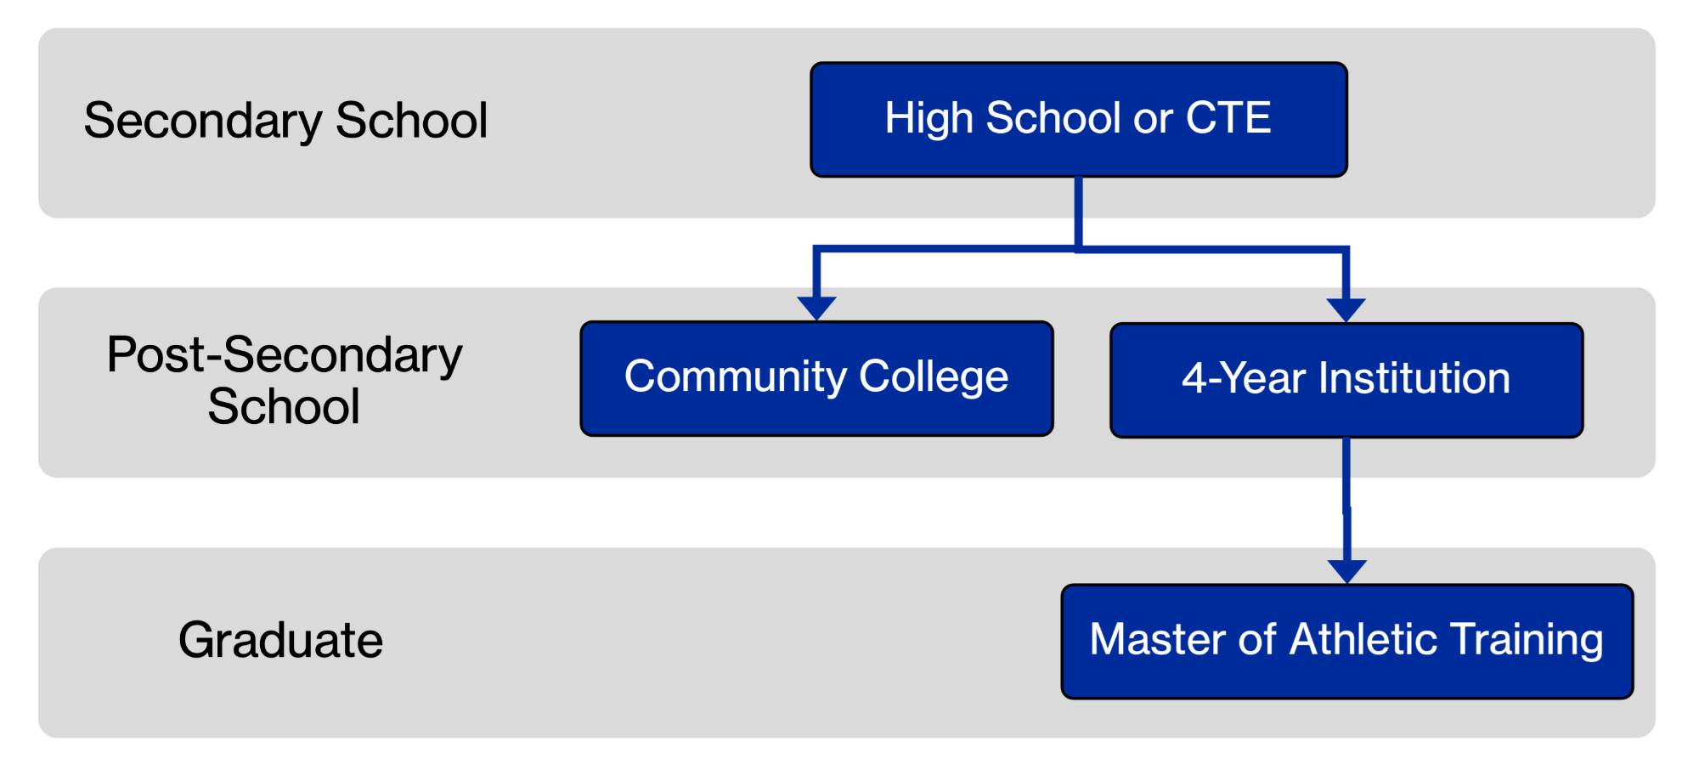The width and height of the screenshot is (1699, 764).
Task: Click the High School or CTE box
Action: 1078,119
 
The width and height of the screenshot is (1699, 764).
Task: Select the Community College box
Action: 816,378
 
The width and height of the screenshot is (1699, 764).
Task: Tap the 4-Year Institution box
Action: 1346,380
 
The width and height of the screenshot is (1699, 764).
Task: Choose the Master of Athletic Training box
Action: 1346,641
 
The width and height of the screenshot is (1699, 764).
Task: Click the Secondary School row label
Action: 285,120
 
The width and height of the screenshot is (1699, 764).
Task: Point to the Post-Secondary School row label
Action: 284,379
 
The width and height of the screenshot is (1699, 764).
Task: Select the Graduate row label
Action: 280,639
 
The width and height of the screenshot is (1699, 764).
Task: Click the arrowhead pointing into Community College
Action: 816,308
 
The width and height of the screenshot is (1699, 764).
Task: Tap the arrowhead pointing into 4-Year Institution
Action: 1346,309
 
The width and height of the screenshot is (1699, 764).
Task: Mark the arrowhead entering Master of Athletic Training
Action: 1346,570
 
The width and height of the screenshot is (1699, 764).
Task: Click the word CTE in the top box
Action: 1228,117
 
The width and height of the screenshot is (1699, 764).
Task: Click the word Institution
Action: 1414,378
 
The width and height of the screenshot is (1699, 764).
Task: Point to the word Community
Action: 735,376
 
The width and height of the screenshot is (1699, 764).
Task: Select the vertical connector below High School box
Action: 1078,212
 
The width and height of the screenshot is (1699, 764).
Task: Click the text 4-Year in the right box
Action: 1243,378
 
